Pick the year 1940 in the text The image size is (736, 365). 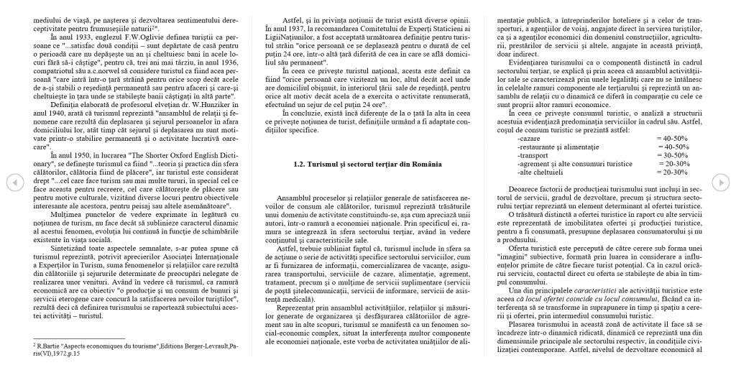point(43,134)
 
